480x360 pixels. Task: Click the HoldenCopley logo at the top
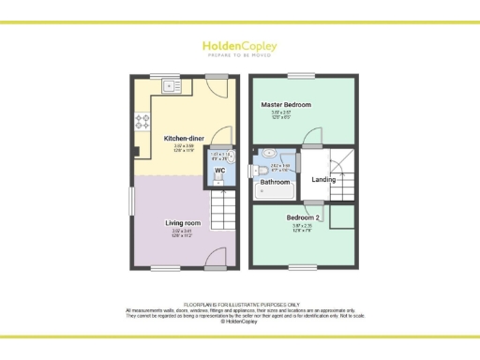pyautogui.click(x=239, y=47)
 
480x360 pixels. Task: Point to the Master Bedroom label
pyautogui.click(x=286, y=104)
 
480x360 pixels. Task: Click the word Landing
pyautogui.click(x=324, y=179)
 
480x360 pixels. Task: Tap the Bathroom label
pyautogui.click(x=275, y=182)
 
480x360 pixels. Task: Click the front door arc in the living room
pyautogui.click(x=217, y=257)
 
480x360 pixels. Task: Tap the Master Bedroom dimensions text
pyautogui.click(x=285, y=115)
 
